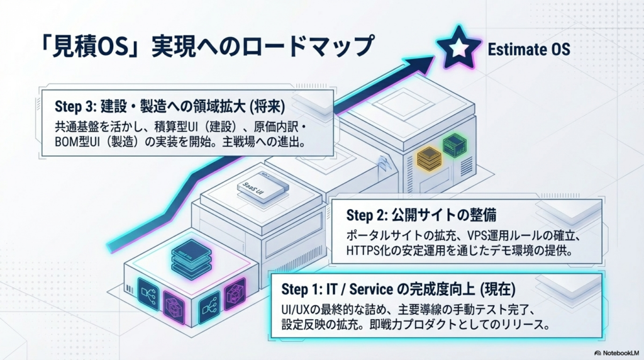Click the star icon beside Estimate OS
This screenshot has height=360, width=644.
tap(458, 48)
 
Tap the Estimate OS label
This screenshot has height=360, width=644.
tap(529, 48)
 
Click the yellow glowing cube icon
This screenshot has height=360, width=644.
tap(430, 155)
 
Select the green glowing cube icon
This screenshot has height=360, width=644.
tap(453, 145)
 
